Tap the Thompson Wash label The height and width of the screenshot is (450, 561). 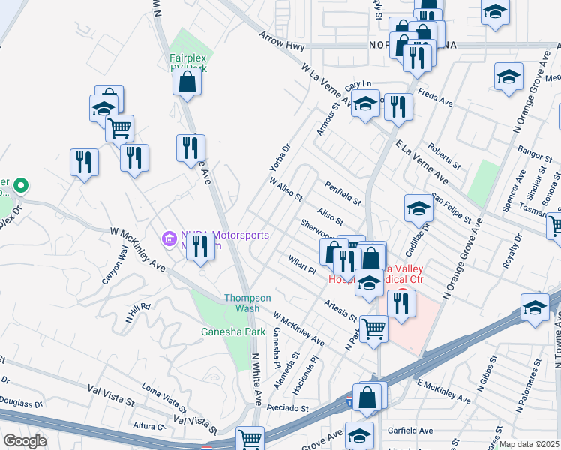[x=242, y=303]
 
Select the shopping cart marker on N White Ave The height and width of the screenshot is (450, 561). [x=250, y=438]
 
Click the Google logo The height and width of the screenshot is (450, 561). [x=25, y=441]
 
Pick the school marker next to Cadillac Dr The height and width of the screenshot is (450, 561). [x=418, y=210]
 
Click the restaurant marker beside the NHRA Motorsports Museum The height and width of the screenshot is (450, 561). [x=200, y=246]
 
